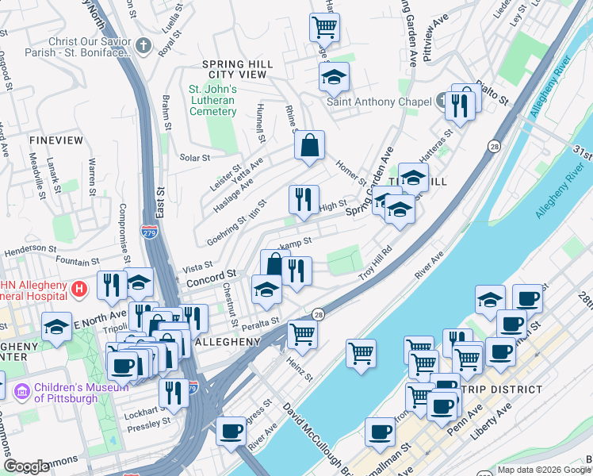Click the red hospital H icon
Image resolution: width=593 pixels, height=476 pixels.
[x=78, y=289]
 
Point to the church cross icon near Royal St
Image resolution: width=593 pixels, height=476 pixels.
[x=143, y=45]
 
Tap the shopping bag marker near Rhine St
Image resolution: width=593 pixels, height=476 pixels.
[x=309, y=146]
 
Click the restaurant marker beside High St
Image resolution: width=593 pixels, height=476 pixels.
[x=302, y=201]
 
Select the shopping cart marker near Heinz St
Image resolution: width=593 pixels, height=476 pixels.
[x=302, y=333]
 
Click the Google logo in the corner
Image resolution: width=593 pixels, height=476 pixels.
[x=26, y=466]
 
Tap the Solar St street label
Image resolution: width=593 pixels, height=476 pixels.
[x=194, y=158]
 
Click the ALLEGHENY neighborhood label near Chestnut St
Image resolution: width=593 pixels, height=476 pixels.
[x=228, y=342]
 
